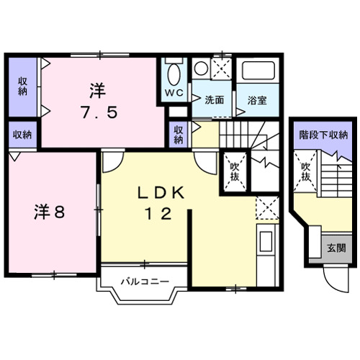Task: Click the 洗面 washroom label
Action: coord(212,100)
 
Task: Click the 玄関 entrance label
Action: coord(336,248)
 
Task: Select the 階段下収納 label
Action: coord(323,135)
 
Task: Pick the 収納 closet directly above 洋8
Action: coord(22,134)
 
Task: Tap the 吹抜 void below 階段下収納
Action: coord(305,171)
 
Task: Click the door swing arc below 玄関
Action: coord(332,277)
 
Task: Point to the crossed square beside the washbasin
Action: coord(222,69)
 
